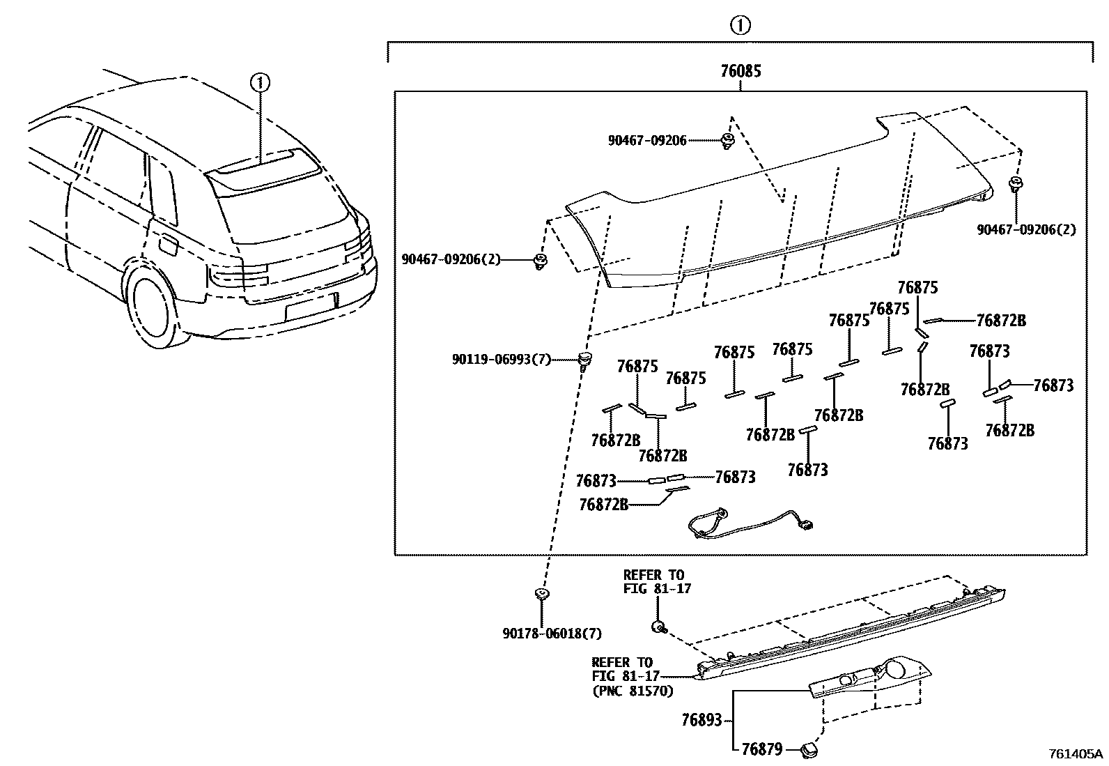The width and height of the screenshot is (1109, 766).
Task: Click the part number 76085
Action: [740, 71]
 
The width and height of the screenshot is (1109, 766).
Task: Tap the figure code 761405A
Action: [1076, 753]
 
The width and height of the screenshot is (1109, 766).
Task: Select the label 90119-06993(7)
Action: [501, 360]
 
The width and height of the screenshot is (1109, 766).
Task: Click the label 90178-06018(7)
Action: [551, 633]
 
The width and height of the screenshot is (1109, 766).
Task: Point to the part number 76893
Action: [701, 719]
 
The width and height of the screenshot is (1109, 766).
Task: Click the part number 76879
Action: [761, 749]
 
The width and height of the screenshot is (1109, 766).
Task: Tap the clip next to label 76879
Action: [809, 750]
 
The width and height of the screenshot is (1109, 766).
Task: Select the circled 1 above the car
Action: [260, 83]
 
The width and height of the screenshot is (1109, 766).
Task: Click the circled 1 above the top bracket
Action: [740, 26]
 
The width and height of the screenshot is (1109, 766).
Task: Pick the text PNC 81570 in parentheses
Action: [633, 691]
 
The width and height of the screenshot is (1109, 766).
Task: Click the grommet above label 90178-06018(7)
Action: [541, 594]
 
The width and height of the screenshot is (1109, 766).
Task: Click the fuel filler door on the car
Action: [168, 245]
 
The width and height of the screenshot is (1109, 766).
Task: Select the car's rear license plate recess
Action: [311, 306]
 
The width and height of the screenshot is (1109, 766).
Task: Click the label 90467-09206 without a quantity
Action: [646, 141]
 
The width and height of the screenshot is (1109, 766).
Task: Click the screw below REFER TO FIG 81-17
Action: [657, 626]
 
